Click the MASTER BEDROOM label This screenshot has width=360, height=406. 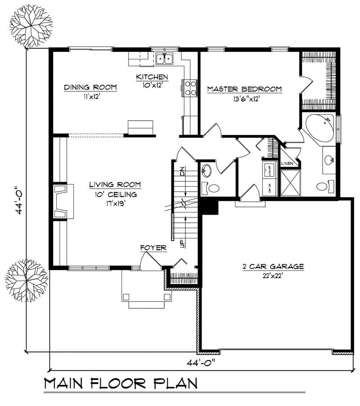pyautogui.click(x=244, y=89)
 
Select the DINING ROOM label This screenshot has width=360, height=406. pyautogui.click(x=90, y=87)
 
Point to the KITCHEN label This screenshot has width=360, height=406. pyautogui.click(x=152, y=77)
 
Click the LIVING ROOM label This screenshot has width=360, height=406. pyautogui.click(x=115, y=185)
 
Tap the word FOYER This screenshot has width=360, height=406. pyautogui.click(x=153, y=248)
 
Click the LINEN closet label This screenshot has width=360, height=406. pyautogui.click(x=287, y=163)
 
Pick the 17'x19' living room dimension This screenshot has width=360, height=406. pyautogui.click(x=115, y=203)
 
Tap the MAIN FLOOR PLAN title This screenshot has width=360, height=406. pyautogui.click(x=121, y=383)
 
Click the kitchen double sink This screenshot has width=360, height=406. pyautogui.click(x=165, y=59)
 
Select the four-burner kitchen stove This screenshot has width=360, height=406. pyautogui.click(x=189, y=87)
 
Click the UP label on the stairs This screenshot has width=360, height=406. pyautogui.click(x=182, y=244)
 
